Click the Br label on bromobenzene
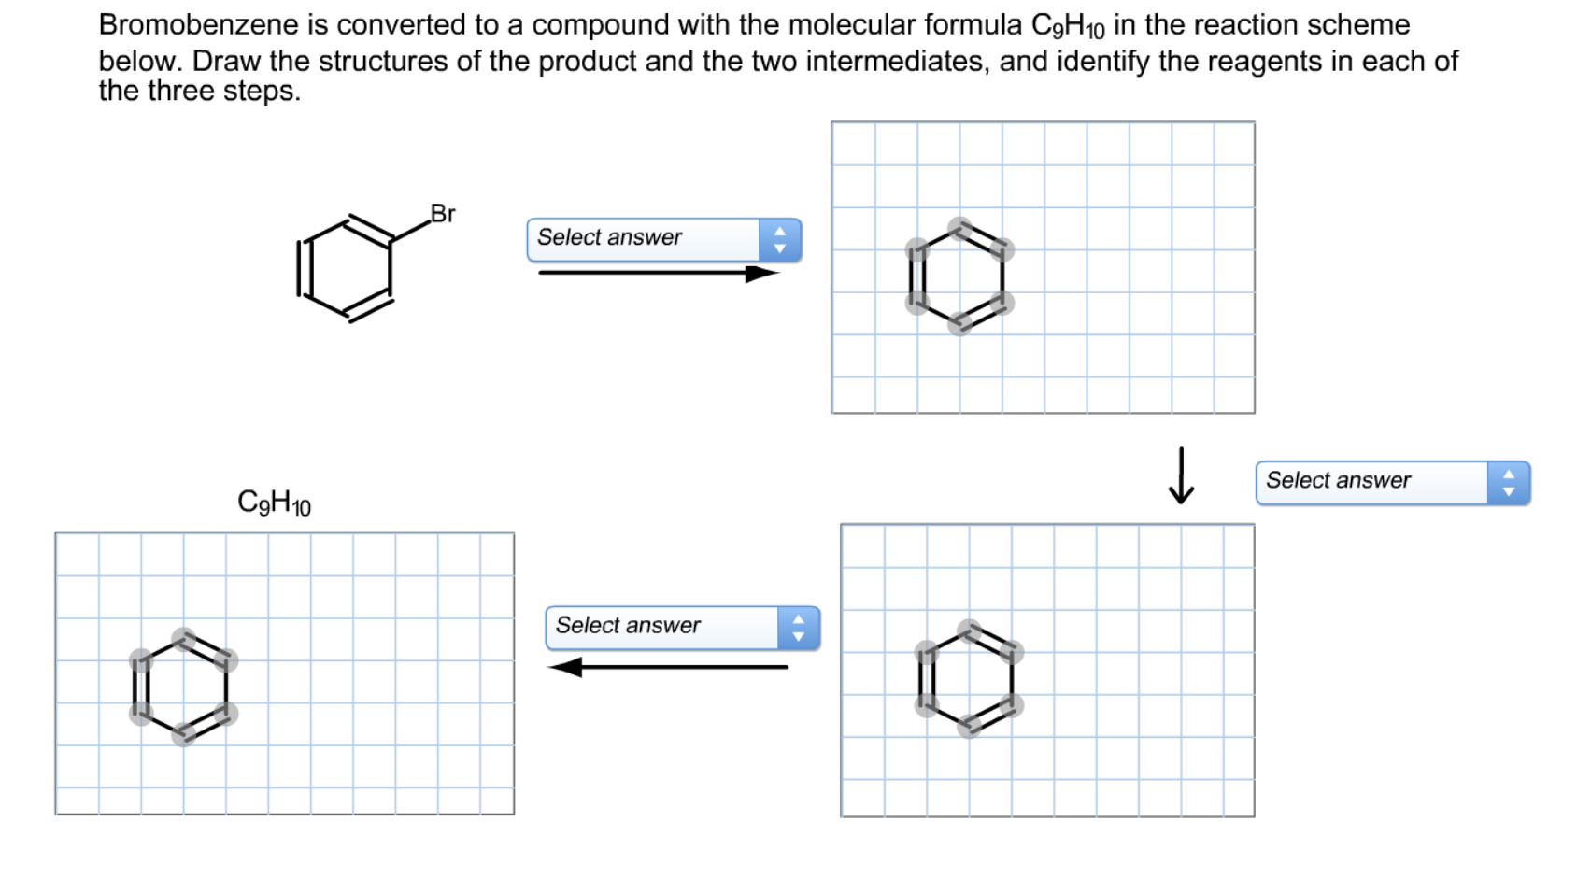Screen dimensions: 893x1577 443,214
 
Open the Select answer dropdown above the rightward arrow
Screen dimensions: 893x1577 645,239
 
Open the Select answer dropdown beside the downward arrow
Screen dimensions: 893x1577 1373,482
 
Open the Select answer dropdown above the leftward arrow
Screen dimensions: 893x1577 663,627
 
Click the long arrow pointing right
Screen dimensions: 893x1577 659,273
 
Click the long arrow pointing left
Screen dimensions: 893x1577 667,667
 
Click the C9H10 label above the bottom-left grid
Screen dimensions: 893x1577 274,503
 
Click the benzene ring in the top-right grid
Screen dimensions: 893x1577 959,276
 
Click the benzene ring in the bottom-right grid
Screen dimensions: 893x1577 969,678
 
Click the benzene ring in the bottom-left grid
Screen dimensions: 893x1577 183,687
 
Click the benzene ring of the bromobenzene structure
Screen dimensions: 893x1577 345,268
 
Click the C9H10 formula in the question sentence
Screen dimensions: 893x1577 1063,26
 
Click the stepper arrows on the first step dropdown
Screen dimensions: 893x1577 780,239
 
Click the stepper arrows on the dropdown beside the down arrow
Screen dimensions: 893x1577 1508,482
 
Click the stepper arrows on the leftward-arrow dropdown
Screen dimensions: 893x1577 798,627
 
